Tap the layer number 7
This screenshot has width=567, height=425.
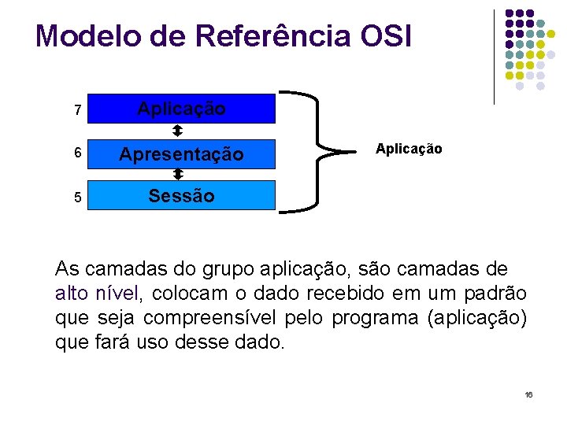coord(77,111)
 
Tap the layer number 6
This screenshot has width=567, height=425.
coord(77,154)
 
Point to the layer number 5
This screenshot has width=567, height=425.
coord(77,198)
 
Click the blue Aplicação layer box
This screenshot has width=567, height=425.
coord(181,109)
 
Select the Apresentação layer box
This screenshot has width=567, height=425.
coord(181,154)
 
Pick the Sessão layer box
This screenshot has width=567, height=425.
coord(181,196)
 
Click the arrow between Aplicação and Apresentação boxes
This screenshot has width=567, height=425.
coord(178,131)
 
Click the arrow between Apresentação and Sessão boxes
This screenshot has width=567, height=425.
coord(178,174)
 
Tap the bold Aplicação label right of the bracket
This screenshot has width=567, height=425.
coord(409,149)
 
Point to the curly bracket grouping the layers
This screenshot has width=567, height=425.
coord(316,150)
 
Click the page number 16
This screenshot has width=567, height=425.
coord(528,394)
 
